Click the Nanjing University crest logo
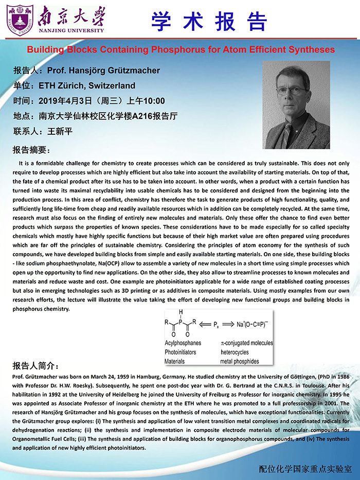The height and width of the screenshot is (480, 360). click(20, 20)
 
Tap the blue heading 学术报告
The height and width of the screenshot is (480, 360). click(209, 21)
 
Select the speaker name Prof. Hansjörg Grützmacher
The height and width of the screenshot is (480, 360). click(103, 70)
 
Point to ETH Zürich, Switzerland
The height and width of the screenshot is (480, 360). click(91, 85)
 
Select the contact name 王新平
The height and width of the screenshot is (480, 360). click(60, 131)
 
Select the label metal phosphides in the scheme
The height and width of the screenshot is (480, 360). click(240, 361)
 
